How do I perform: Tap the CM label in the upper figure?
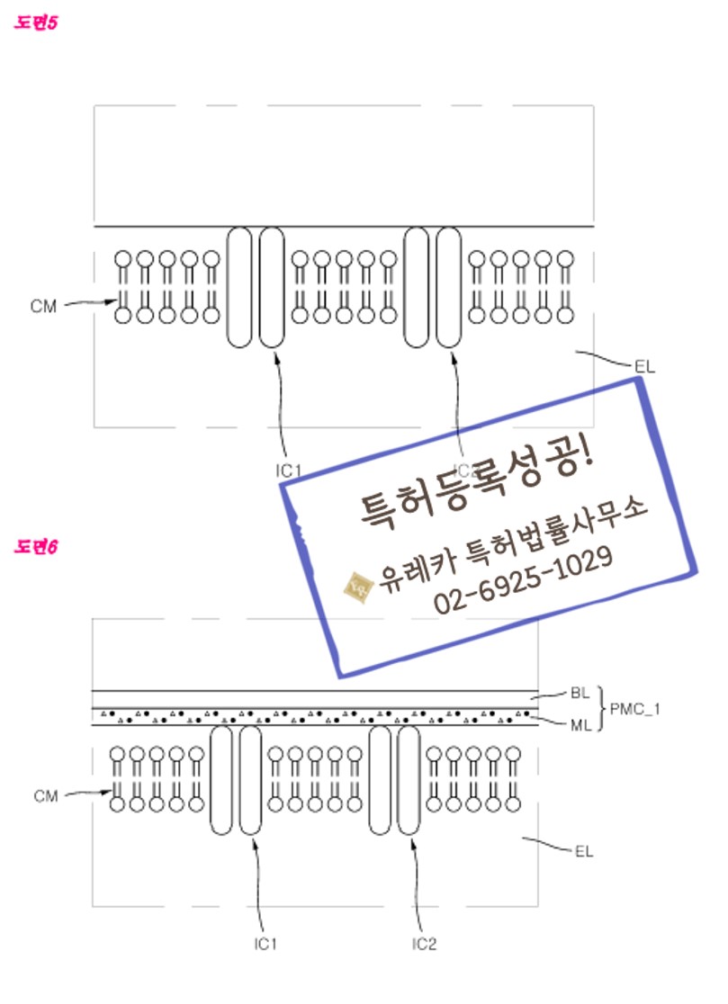point(42,307)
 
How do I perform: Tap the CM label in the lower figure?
point(46,796)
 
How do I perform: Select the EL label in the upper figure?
point(643,366)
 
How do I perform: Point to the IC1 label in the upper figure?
point(289,470)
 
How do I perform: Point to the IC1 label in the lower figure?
point(265,944)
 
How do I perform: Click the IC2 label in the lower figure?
point(424,944)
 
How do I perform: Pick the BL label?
point(580,694)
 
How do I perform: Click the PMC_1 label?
point(635,709)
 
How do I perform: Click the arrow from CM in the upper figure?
point(91,303)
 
